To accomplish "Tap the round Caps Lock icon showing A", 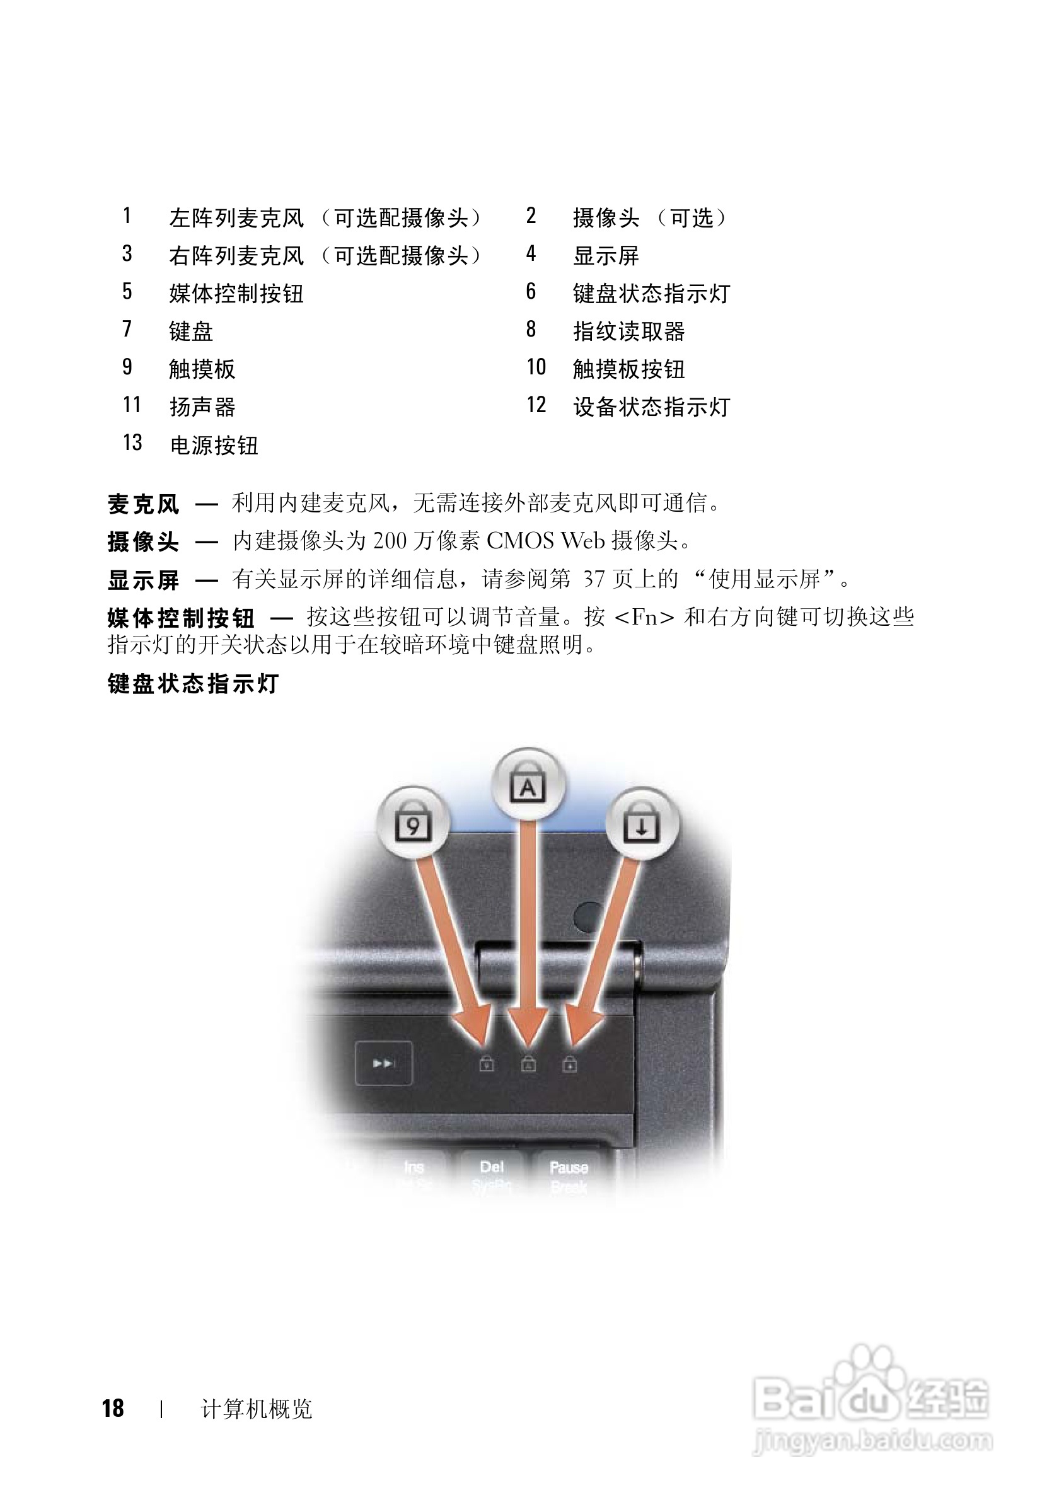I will (x=528, y=783).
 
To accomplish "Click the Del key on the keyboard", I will (x=492, y=1167).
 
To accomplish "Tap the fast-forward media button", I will (x=383, y=1064).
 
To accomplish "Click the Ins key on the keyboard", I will (x=414, y=1167).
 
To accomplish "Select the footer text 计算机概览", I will (x=256, y=1409).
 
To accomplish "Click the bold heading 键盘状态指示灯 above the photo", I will (x=194, y=684).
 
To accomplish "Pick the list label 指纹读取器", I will (x=628, y=332).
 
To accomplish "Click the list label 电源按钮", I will (x=214, y=446).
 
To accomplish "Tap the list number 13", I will (x=132, y=443).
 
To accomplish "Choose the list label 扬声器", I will (x=202, y=407).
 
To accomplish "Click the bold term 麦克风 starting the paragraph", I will (x=143, y=504).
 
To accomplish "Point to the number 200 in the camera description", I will (x=390, y=541).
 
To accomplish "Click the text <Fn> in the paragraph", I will (x=645, y=618).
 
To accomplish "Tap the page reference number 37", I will (x=594, y=579).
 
